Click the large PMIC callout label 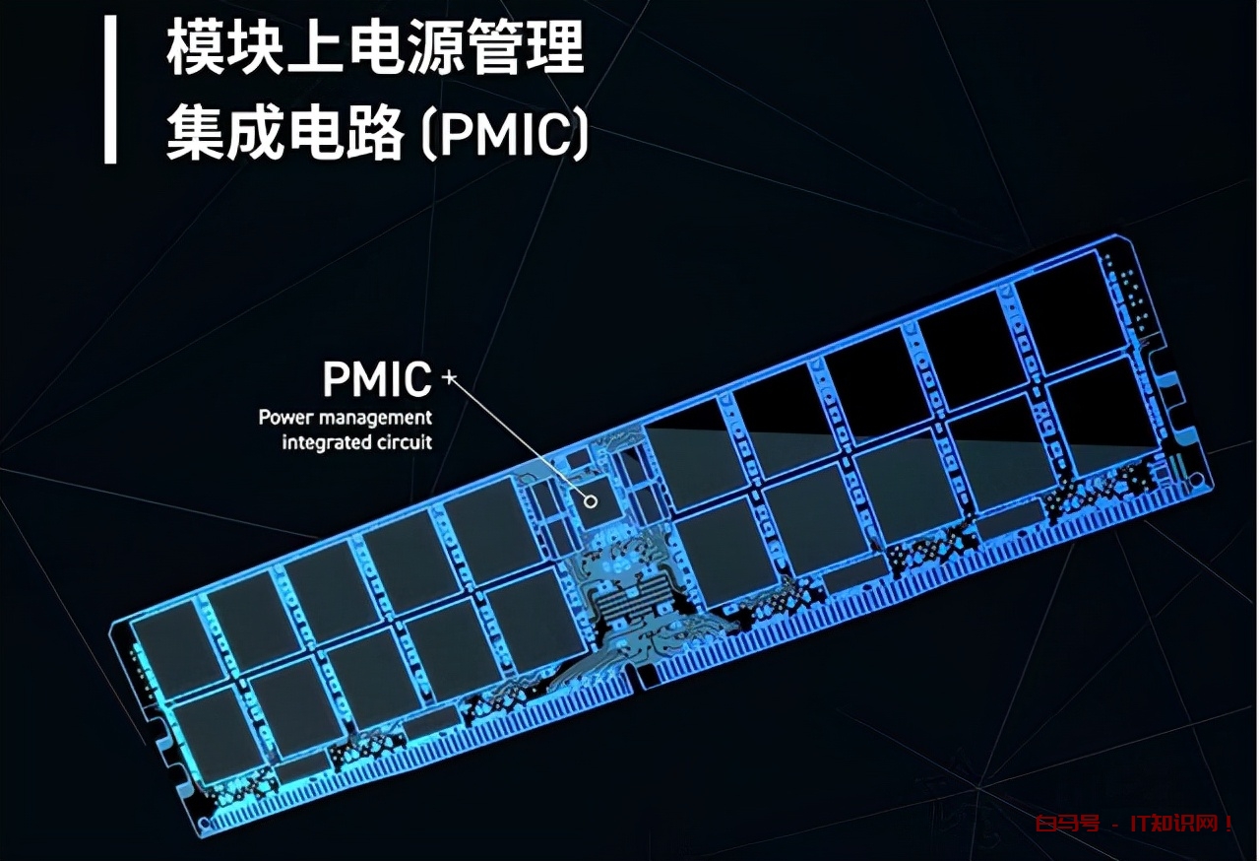click(x=377, y=379)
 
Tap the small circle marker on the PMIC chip click(x=591, y=501)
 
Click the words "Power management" click(x=346, y=418)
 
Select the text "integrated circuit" click(x=357, y=442)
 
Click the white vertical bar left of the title click(x=111, y=90)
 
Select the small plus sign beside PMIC click(x=449, y=377)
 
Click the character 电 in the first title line click(x=375, y=46)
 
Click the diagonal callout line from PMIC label click(x=520, y=439)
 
